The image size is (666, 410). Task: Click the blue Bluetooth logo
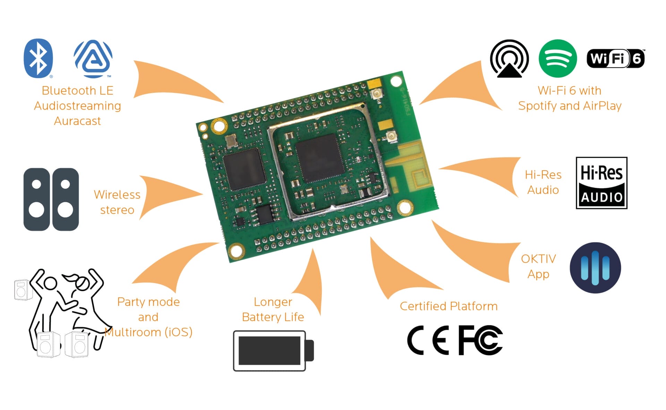tap(38, 58)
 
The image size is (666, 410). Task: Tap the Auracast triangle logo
tap(93, 58)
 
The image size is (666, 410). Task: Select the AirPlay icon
tap(509, 58)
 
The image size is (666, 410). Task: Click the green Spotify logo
tap(557, 58)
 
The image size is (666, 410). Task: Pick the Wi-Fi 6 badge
tap(615, 58)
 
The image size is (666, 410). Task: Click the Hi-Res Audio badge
tap(601, 183)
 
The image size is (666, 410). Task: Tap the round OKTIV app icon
tap(595, 267)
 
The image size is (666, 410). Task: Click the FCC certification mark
tap(480, 340)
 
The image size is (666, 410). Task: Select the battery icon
tap(273, 350)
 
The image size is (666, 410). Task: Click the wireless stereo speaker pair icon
tap(51, 199)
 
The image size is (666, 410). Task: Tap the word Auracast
tap(77, 121)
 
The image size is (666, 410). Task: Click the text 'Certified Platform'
tap(449, 306)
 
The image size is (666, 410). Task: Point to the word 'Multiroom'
tap(133, 332)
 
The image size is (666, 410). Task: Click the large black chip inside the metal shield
tap(320, 158)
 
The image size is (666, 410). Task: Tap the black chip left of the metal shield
tap(244, 169)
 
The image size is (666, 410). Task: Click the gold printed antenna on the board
tap(411, 166)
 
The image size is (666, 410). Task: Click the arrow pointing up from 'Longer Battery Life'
tap(310, 284)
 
